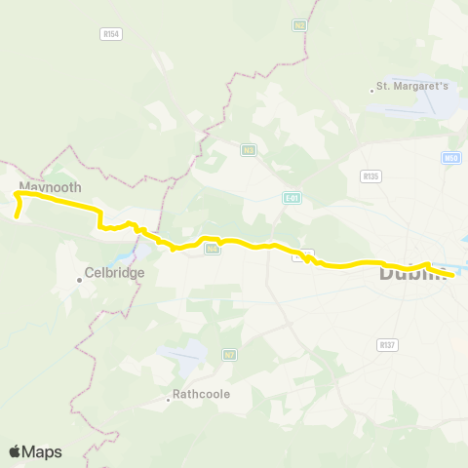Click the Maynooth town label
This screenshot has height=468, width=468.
point(50,186)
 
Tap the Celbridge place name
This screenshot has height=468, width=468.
point(114,273)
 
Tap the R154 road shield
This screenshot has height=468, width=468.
point(110,33)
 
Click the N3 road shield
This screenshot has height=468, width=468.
point(249,149)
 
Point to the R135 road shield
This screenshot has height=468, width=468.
point(370,176)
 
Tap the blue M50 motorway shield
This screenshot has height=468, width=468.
point(449,157)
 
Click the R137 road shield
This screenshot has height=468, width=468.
point(387,344)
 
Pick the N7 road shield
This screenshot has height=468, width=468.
point(229,355)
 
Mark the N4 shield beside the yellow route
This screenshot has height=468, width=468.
point(212,250)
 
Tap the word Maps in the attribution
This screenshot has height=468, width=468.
point(43,451)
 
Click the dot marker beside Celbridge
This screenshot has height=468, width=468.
point(80,281)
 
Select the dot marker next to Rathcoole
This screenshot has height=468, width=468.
point(167,398)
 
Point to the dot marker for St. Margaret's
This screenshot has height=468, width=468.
point(373,91)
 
